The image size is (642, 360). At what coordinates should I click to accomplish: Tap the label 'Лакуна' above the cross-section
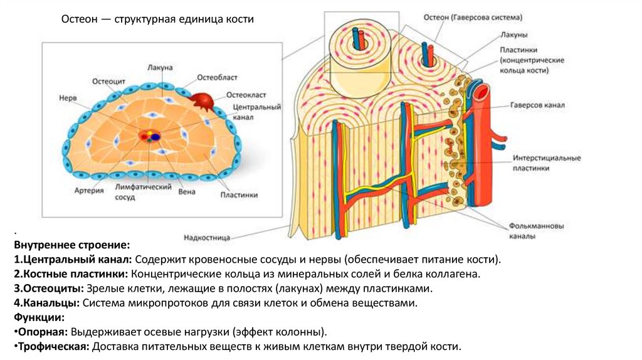coord(160,67)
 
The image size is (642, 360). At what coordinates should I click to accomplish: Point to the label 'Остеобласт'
coord(217,77)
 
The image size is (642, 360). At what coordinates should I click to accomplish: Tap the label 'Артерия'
coord(88,191)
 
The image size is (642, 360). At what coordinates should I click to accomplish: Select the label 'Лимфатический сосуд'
coord(134,191)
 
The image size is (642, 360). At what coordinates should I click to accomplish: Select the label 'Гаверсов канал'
coord(537,105)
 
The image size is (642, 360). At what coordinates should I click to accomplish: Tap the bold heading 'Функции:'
coord(37,318)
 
